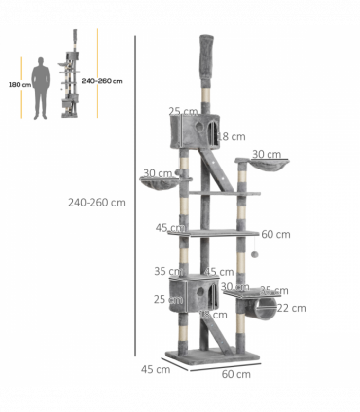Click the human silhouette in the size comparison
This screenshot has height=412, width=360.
(41, 87)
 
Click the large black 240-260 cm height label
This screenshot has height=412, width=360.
(97, 203)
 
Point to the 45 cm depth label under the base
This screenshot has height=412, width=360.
(149, 368)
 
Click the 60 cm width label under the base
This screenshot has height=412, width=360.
(235, 373)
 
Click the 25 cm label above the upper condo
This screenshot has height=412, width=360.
(178, 111)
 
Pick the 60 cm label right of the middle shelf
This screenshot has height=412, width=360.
(275, 234)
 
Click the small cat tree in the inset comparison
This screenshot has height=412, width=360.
(72, 84)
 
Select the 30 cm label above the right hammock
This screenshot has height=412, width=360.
(266, 154)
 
